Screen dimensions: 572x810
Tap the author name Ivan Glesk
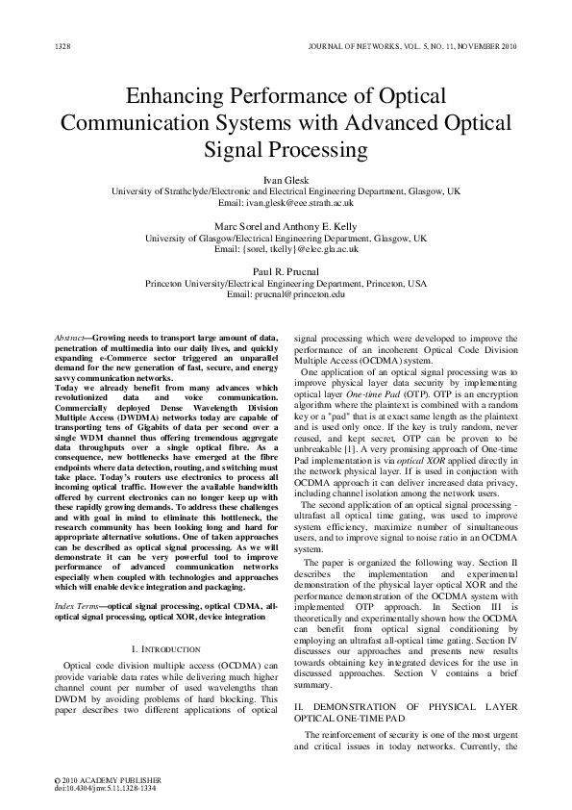pos(286,180)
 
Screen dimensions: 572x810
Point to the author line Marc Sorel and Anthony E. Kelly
pos(286,225)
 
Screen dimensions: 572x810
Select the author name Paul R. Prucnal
pos(286,271)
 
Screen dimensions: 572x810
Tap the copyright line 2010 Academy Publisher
pos(101,778)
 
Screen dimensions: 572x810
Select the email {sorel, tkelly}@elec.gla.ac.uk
pos(286,248)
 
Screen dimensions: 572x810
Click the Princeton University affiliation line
pos(286,284)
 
